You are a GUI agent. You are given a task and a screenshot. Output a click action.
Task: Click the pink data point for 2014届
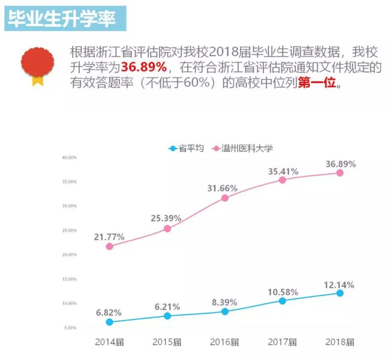(109, 246)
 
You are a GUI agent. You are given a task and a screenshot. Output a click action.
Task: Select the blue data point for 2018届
(340, 293)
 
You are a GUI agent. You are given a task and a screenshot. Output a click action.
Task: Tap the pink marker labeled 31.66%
(225, 198)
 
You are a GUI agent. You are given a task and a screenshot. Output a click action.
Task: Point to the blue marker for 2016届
(225, 311)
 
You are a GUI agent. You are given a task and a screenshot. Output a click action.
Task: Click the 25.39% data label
(166, 218)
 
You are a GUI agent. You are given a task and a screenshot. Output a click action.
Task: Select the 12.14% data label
(339, 285)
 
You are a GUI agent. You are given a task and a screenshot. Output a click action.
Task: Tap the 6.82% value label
(109, 313)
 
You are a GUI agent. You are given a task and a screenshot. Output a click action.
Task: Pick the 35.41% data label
(283, 172)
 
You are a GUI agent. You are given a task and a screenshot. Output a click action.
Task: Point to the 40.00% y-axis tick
(70, 157)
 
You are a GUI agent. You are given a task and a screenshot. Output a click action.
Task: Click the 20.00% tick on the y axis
(70, 255)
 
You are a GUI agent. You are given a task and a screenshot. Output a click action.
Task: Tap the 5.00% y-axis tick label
(70, 328)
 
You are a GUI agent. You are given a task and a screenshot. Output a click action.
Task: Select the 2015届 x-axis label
(167, 342)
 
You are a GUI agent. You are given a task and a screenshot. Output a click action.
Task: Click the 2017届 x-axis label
(282, 342)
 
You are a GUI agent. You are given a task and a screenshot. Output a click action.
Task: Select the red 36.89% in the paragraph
(144, 67)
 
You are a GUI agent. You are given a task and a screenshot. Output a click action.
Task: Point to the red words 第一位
(317, 83)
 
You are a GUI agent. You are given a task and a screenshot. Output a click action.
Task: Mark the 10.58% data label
(283, 292)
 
